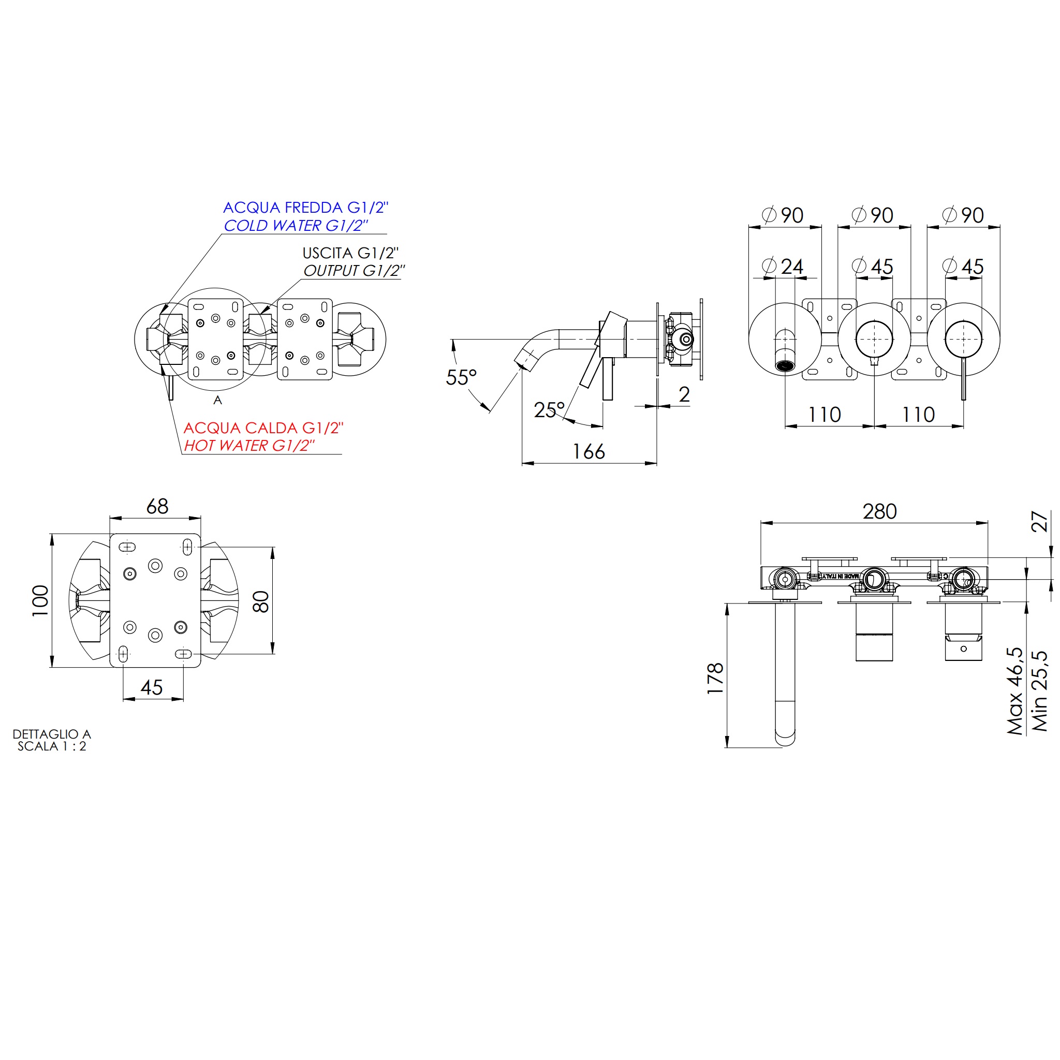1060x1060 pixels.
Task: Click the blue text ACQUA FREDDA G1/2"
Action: [x=305, y=208]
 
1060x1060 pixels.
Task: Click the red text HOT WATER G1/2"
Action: [x=249, y=446]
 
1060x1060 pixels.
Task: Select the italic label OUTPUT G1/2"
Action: [x=354, y=271]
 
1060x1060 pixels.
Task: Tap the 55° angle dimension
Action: [x=461, y=377]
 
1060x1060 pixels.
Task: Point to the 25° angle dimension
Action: [x=549, y=410]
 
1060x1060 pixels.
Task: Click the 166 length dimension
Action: [x=588, y=451]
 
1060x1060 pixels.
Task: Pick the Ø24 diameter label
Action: [x=783, y=267]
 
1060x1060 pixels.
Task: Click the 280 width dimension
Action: [x=879, y=511]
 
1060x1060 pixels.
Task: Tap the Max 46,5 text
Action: [x=1015, y=691]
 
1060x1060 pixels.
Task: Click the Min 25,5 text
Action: [x=1040, y=691]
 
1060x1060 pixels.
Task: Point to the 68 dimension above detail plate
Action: [x=157, y=506]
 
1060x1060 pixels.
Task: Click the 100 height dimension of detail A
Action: [x=40, y=601]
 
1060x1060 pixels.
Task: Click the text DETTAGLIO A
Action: [x=52, y=734]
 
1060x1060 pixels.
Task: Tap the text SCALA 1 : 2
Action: [x=52, y=746]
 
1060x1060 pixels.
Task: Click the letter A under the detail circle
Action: [x=218, y=401]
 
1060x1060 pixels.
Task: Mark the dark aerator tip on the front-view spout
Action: [x=785, y=365]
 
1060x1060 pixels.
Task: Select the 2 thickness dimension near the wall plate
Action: [x=684, y=394]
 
